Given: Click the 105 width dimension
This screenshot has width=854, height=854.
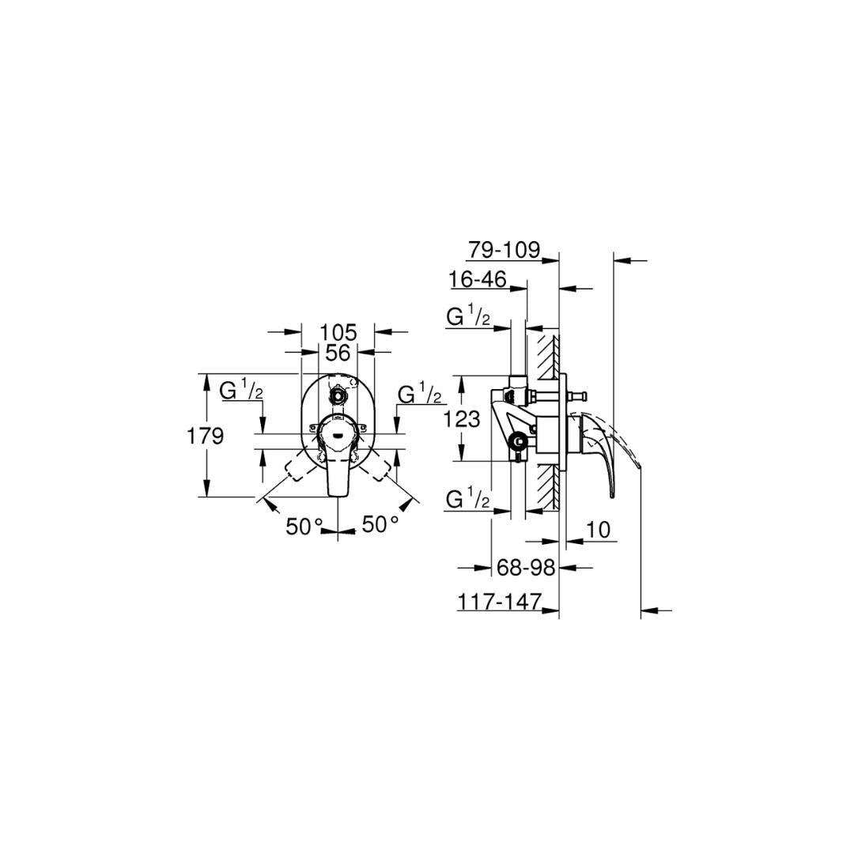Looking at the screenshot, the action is click(338, 331).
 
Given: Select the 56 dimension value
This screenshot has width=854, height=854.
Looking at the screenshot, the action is click(338, 353).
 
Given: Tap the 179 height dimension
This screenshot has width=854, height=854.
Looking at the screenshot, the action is click(206, 436).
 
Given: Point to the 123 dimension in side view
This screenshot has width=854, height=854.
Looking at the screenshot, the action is click(461, 419).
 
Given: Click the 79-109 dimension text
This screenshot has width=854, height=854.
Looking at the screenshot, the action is click(504, 250).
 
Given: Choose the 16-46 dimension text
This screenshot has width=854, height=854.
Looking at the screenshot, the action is click(478, 279).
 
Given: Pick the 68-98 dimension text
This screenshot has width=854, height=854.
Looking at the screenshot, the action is click(526, 568).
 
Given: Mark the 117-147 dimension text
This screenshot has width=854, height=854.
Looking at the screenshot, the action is click(500, 602).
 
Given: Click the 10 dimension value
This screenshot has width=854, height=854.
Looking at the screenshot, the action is click(599, 529).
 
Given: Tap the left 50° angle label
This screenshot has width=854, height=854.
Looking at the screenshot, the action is click(304, 526).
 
